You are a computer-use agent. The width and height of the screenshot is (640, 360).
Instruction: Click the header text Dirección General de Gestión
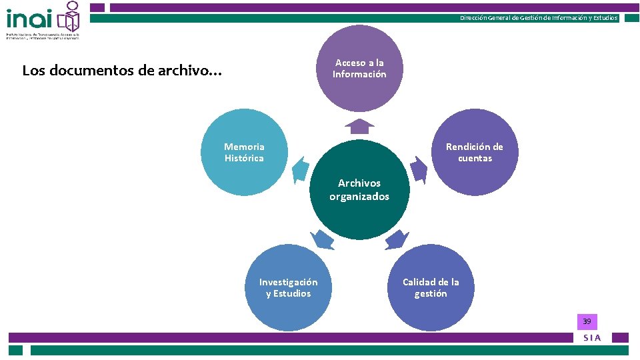tap(539, 18)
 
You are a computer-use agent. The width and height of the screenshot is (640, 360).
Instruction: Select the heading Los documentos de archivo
tap(122, 70)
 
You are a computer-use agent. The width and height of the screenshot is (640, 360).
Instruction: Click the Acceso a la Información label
tap(359, 69)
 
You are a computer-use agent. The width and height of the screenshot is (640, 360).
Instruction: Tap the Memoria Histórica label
tap(244, 153)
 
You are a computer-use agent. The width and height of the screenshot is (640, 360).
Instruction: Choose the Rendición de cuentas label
tap(475, 153)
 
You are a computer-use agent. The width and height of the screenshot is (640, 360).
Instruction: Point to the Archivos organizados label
tap(359, 190)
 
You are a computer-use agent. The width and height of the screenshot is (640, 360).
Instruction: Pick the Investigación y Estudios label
tap(288, 288)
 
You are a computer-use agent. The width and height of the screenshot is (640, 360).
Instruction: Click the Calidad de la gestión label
tap(431, 288)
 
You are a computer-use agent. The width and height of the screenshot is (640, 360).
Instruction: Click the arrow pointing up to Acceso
tap(360, 126)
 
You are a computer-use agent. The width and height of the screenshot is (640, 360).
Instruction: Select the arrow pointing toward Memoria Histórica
tap(301, 169)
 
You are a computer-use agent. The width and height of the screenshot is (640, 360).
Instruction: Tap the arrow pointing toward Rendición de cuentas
tap(418, 169)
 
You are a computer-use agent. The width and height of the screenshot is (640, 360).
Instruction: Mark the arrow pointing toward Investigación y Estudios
tap(323, 239)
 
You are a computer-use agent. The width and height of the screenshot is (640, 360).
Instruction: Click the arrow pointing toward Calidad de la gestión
tap(397, 239)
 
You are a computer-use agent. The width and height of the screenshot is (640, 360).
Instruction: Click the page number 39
tap(587, 322)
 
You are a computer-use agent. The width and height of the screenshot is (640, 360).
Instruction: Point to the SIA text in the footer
tap(592, 338)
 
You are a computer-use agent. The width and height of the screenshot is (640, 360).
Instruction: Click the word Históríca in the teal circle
tap(244, 159)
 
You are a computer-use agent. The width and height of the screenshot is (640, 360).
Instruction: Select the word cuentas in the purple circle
tap(475, 159)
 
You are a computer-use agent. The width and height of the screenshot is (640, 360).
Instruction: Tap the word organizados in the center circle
tap(359, 197)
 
